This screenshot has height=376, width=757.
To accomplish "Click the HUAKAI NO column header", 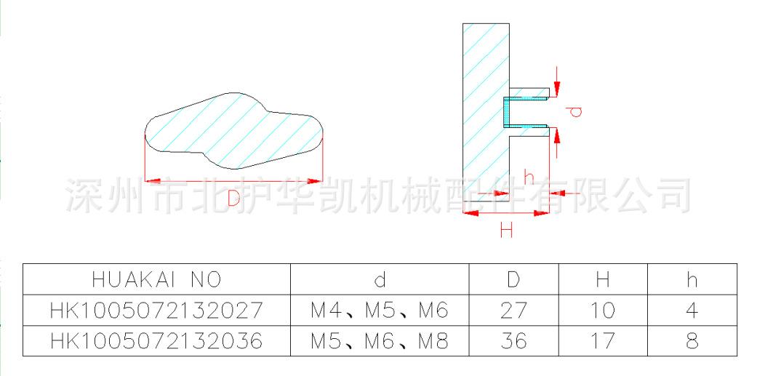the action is coord(156,279).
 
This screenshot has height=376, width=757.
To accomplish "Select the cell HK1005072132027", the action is coord(156,311).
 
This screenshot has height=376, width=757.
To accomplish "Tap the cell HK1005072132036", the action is coord(156,340).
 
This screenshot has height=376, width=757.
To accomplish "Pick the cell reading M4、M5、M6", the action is coord(380,311).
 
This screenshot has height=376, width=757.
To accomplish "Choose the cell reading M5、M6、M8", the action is coord(380,340).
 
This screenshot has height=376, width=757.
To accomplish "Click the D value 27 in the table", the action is coord(513,311).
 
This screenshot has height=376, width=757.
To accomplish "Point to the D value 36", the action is coord(513,340).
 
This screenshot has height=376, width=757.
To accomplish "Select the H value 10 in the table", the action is coord(603,311).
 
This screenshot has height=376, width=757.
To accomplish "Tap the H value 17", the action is coord(603,340).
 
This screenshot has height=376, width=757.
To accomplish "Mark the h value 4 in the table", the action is coord(692,311).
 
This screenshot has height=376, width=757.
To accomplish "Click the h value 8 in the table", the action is coord(692,340).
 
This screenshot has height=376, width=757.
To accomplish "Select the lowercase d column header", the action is coord(380,279).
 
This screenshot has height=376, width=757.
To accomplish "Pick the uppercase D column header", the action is coord(513,279).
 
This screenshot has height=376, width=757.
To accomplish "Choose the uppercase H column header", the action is coord(603,279).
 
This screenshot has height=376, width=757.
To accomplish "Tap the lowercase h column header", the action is coord(692,279).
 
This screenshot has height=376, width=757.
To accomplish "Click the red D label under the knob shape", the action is coord(233,199).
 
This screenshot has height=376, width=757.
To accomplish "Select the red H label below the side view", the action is coord(506,231).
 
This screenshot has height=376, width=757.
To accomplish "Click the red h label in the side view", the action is coord(529,176).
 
